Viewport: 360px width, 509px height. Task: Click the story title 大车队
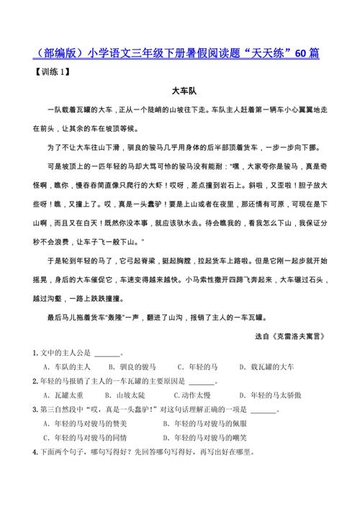[x=179, y=92]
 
